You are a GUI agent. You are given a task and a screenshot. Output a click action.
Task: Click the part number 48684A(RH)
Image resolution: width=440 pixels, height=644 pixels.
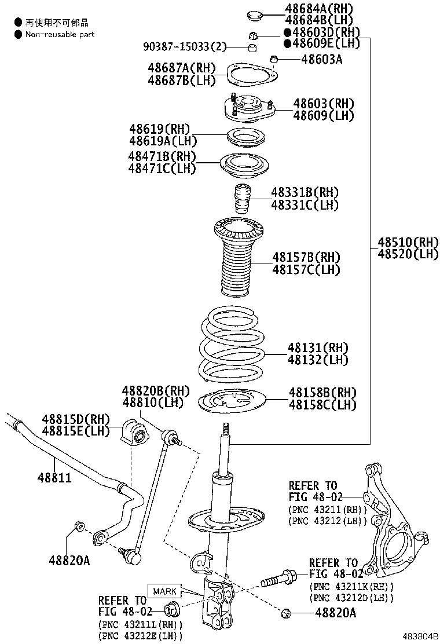point(318,8)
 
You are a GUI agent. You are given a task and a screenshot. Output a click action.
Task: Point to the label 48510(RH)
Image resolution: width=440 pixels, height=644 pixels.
point(408,241)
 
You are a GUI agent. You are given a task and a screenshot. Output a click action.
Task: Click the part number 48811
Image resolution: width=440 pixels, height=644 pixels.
point(55,477)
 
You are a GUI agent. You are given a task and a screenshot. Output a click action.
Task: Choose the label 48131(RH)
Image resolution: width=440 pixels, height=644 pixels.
point(318,347)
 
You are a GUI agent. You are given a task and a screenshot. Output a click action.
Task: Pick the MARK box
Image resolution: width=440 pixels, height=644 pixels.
point(164,591)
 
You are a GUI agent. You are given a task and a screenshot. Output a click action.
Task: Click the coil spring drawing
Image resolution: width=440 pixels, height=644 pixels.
point(232,347)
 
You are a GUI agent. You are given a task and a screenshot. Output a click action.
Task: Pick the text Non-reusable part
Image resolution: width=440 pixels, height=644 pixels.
point(60,34)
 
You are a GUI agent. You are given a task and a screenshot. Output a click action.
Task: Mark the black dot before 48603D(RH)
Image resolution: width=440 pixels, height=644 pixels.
point(288,32)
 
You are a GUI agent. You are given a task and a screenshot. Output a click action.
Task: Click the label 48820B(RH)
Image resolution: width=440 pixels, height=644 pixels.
point(156,390)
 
